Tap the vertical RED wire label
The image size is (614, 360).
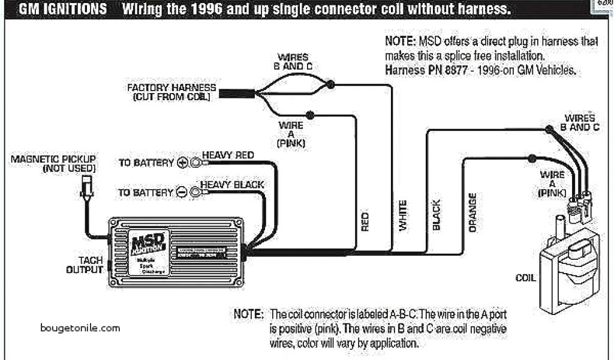point(365,221)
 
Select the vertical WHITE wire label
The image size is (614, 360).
point(403,215)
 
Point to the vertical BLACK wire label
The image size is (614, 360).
point(437,215)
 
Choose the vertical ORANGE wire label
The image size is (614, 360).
point(472,212)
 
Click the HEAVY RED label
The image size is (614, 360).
point(228,155)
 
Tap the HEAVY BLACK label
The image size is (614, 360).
point(231,184)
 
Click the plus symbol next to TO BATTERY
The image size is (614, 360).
point(183,163)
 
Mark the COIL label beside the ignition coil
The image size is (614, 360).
point(525,278)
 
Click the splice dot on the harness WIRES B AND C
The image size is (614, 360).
point(330,85)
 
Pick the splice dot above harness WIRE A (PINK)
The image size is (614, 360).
point(309,115)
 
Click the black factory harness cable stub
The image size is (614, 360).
point(236,93)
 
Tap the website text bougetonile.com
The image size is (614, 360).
point(80,328)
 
